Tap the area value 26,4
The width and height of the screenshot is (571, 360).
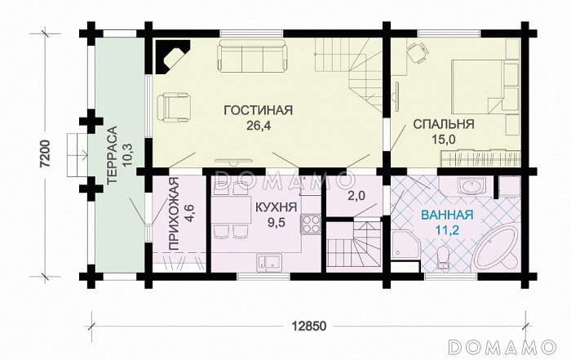(257, 126)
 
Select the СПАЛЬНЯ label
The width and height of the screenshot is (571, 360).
(444, 125)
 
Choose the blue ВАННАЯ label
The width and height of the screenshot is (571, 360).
(447, 216)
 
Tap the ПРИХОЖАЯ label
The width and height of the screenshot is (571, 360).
(173, 214)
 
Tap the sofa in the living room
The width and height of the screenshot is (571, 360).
(250, 57)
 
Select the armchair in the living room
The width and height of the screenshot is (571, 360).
(175, 105)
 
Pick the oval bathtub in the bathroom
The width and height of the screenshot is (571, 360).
(497, 247)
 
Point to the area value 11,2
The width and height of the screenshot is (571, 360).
(447, 231)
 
